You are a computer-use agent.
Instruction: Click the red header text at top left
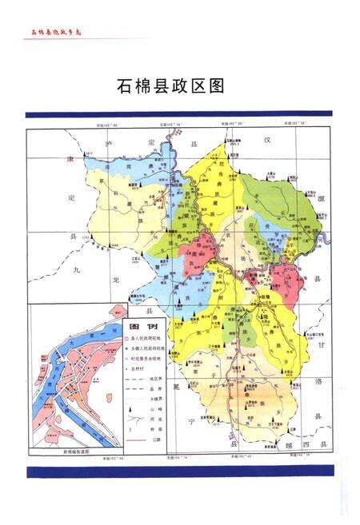(x=57, y=31)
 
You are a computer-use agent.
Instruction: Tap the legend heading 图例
(x=138, y=328)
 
